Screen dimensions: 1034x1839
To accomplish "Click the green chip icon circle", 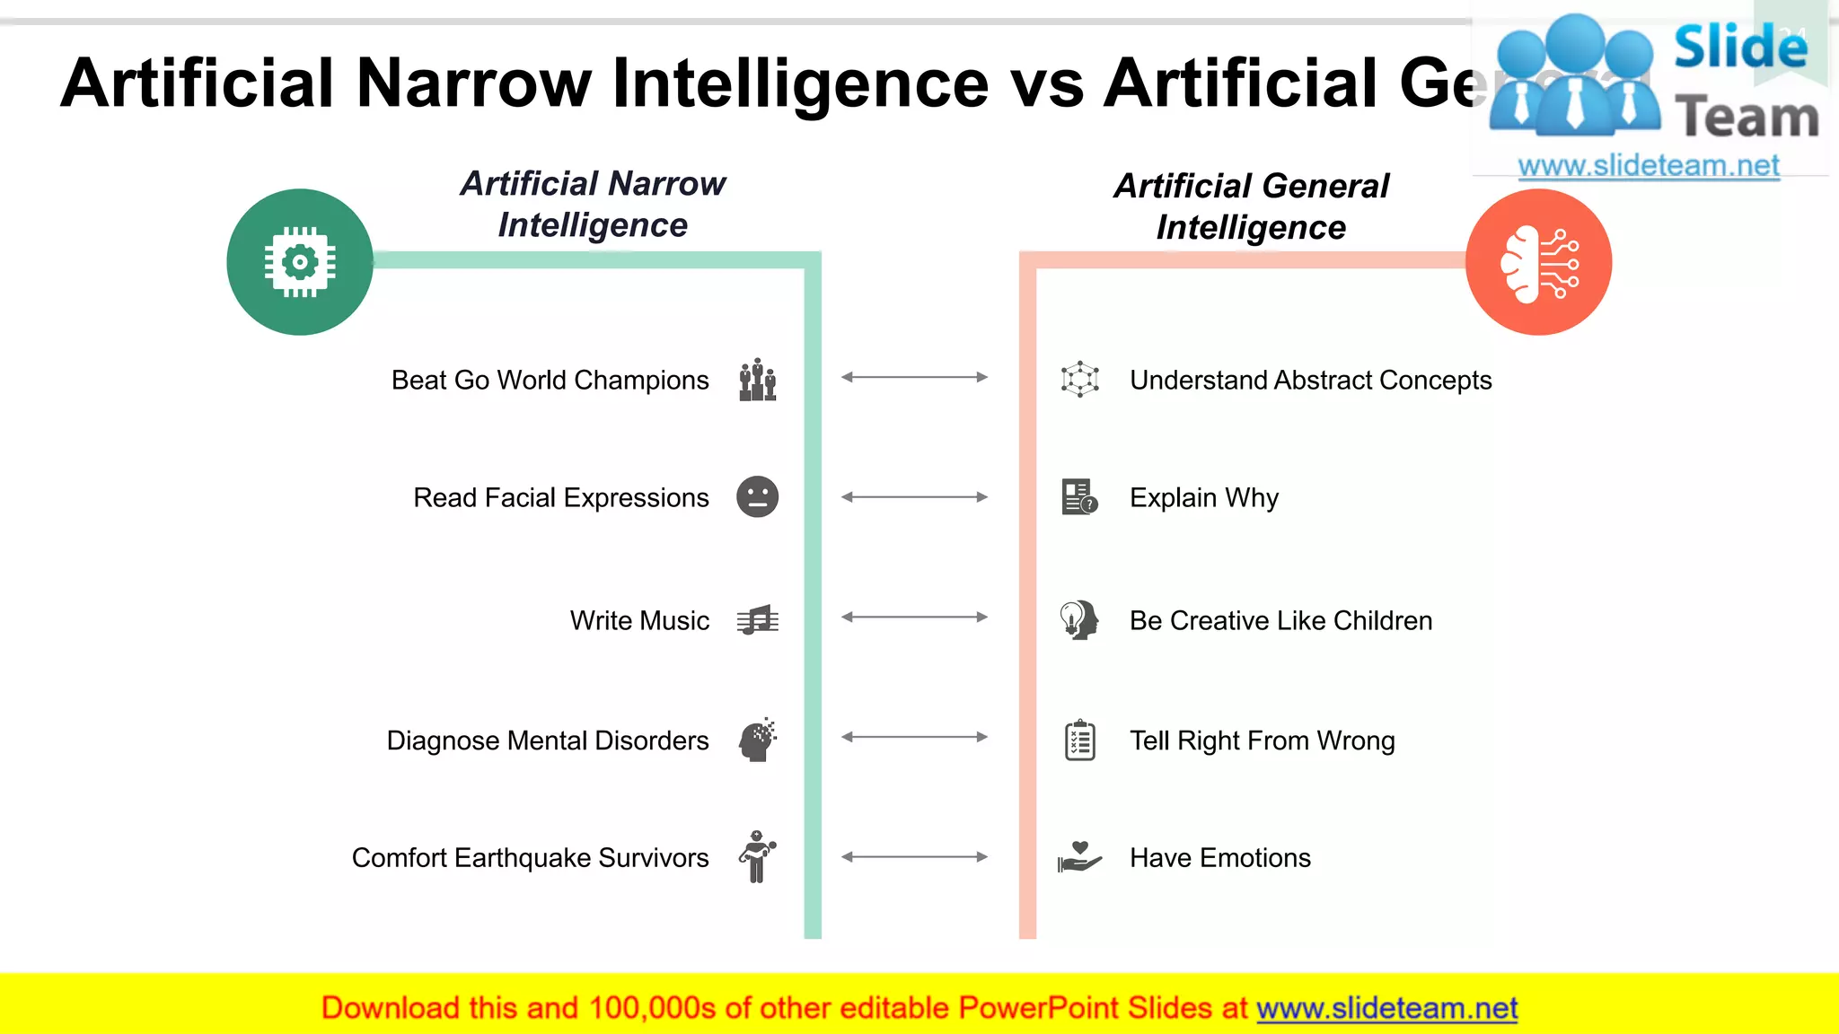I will point(299,262).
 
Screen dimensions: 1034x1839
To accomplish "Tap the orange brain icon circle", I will point(1538,262).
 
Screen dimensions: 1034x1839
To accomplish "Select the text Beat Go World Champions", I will point(550,380).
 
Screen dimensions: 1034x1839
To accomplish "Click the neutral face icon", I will point(757,496).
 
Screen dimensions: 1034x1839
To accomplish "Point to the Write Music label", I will point(639,620).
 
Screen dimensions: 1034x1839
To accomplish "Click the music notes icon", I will point(757,619).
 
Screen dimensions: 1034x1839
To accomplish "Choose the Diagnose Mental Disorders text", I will point(547,740).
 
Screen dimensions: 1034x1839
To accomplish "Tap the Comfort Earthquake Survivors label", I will point(530,857).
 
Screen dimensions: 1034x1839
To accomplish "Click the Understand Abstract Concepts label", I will point(1310,380).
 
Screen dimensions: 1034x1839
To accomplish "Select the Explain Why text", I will point(1203,497).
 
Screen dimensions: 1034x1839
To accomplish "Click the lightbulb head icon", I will point(1078,619).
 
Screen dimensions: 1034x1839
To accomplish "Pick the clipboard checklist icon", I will point(1079,740).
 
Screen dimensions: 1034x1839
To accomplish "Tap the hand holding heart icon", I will point(1079,856).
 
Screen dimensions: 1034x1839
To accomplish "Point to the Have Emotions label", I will point(1219,857).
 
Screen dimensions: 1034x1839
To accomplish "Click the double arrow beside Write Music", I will point(914,617).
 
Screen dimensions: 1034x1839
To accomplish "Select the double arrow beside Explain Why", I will point(914,496).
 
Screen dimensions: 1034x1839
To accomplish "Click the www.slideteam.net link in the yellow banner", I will point(1386,1008).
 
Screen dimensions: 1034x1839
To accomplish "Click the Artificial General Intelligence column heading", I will point(1251,206).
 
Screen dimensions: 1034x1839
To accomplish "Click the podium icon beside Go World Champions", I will point(757,380).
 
